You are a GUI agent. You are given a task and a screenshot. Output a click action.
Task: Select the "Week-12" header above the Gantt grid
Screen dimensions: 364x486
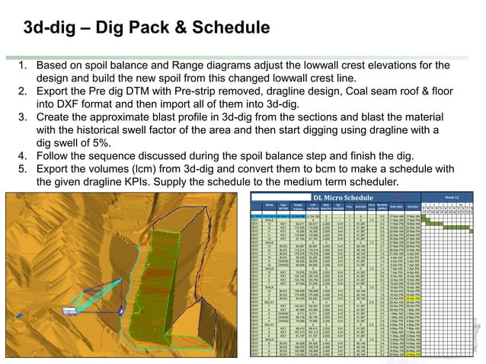pyautogui.click(x=452, y=197)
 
